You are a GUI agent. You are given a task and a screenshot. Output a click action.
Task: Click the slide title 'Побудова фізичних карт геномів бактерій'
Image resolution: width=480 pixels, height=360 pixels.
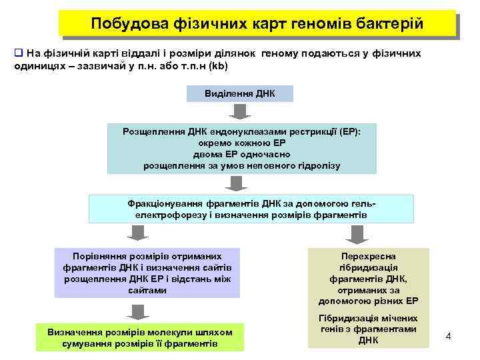click(x=257, y=24)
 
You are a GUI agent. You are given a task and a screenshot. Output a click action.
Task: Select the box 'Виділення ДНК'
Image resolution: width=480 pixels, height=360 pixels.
click(x=239, y=93)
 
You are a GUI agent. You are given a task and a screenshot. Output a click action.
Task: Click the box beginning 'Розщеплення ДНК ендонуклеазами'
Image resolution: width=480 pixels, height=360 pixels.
click(x=241, y=149)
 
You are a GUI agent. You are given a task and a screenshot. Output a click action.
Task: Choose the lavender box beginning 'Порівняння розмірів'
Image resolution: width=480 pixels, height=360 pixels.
click(x=147, y=273)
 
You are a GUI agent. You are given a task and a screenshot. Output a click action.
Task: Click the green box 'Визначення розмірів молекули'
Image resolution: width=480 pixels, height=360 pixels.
click(x=140, y=337)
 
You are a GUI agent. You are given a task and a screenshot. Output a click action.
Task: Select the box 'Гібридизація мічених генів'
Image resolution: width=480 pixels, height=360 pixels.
click(x=368, y=329)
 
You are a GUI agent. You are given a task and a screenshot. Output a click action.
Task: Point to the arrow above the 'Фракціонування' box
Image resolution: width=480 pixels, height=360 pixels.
click(x=234, y=183)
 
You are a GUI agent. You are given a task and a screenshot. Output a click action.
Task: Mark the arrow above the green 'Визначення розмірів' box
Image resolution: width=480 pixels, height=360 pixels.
click(x=137, y=311)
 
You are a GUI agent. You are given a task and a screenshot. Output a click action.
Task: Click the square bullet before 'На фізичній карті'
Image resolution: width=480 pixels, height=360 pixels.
click(x=19, y=53)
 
